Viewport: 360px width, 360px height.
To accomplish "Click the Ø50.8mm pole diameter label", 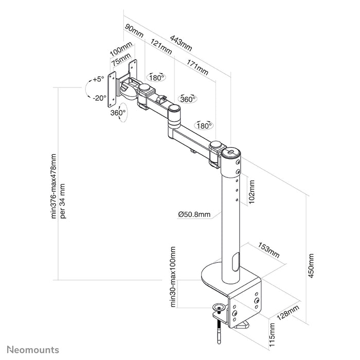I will pyautogui.click(x=195, y=214).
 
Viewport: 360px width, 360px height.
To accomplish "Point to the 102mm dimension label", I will pyautogui.click(x=251, y=191).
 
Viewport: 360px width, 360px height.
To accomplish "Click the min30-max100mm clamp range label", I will pyautogui.click(x=173, y=277).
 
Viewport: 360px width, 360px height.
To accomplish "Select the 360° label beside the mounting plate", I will pyautogui.click(x=118, y=112).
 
